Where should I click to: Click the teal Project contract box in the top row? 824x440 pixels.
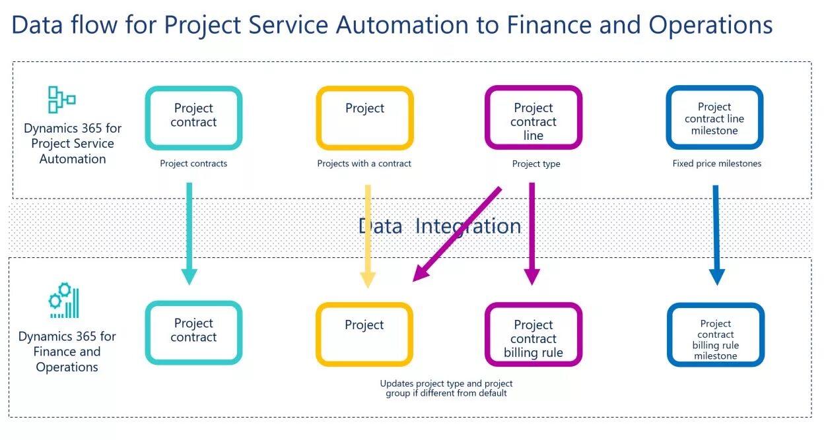tap(193, 118)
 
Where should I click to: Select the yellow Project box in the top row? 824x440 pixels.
tap(364, 118)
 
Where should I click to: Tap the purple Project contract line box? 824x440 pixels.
tap(533, 118)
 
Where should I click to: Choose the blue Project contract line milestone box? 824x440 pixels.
tap(714, 118)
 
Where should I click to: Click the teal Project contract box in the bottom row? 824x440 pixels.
tap(193, 332)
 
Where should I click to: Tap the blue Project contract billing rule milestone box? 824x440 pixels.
tap(716, 334)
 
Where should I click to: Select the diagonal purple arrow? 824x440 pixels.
tap(457, 234)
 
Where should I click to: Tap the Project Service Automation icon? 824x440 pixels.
tap(61, 100)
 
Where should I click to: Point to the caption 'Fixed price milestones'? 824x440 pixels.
tap(716, 164)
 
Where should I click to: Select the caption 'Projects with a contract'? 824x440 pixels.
tap(364, 164)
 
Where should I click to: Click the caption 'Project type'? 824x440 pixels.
tap(536, 164)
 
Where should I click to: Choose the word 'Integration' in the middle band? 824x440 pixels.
tap(467, 226)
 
